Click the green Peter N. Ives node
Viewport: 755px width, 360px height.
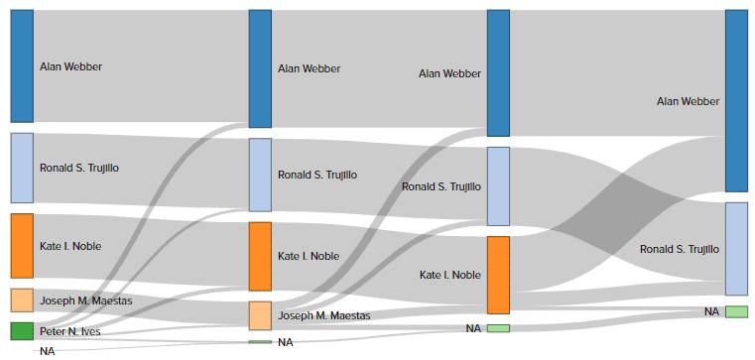pyautogui.click(x=22, y=331)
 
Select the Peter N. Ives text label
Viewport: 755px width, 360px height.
pyautogui.click(x=69, y=331)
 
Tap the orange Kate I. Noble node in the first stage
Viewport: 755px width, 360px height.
pyautogui.click(x=22, y=246)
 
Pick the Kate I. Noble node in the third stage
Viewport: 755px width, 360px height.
pyautogui.click(x=498, y=275)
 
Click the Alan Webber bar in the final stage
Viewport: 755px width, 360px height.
pyautogui.click(x=736, y=100)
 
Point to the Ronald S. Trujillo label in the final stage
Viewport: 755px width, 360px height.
pyautogui.click(x=680, y=249)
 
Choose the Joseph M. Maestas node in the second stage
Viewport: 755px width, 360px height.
pyautogui.click(x=260, y=315)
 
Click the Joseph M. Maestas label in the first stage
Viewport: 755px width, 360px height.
pyautogui.click(x=85, y=300)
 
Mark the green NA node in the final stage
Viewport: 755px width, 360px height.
pyautogui.click(x=736, y=311)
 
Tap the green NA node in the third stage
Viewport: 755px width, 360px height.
pyautogui.click(x=498, y=328)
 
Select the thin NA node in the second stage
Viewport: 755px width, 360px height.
pyautogui.click(x=260, y=342)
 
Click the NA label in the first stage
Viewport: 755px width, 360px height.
pyautogui.click(x=47, y=351)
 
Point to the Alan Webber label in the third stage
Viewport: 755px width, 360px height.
pyautogui.click(x=450, y=73)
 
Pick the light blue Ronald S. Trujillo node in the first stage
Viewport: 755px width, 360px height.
pyautogui.click(x=22, y=168)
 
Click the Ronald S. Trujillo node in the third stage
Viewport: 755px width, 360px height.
pyautogui.click(x=498, y=186)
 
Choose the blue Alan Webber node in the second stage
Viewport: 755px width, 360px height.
pyautogui.click(x=260, y=68)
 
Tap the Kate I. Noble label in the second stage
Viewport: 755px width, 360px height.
pyautogui.click(x=309, y=256)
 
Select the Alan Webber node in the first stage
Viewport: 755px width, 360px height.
pyautogui.click(x=22, y=66)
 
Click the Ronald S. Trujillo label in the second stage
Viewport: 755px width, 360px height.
pyautogui.click(x=317, y=175)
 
